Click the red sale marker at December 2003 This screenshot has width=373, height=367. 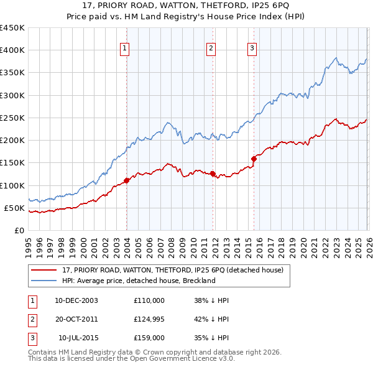pyautogui.click(x=126, y=180)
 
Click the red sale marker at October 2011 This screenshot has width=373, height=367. pyautogui.click(x=213, y=174)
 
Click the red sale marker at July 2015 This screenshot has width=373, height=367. pyautogui.click(x=254, y=159)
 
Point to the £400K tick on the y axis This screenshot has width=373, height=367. pyautogui.click(x=12, y=50)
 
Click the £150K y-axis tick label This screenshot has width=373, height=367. pyautogui.click(x=12, y=163)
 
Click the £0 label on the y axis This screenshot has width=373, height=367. pyautogui.click(x=19, y=230)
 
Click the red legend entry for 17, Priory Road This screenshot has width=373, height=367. pyautogui.click(x=173, y=270)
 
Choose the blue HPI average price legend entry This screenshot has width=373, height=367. pyautogui.click(x=138, y=281)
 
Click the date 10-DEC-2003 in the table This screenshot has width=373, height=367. pyautogui.click(x=76, y=300)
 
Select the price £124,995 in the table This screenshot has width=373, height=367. pyautogui.click(x=149, y=319)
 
